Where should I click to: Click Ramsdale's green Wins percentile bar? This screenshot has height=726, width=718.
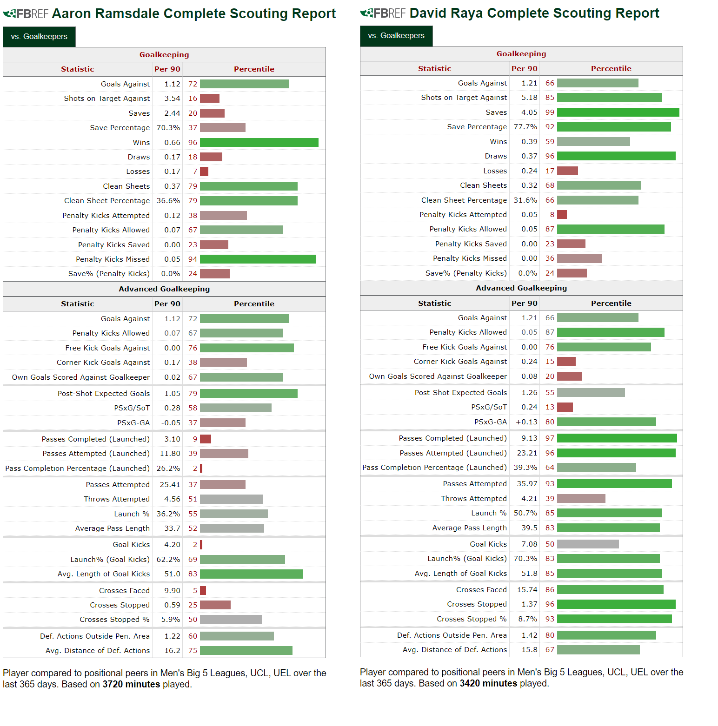(x=259, y=143)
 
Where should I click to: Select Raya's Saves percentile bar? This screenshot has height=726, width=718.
(x=618, y=112)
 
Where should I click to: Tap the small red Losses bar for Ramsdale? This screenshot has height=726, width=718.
(x=204, y=172)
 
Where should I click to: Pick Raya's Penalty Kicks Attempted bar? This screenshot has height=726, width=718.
(x=562, y=215)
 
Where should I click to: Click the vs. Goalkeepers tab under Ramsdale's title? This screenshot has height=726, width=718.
(x=39, y=37)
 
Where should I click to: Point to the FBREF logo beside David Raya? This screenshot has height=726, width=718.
(x=383, y=13)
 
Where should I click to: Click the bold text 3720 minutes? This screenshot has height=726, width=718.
(x=131, y=684)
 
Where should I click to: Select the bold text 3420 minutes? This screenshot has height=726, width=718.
(x=488, y=683)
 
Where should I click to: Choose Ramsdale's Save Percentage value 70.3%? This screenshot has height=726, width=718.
(x=168, y=128)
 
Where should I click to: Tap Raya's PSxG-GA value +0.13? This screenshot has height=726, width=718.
(x=526, y=422)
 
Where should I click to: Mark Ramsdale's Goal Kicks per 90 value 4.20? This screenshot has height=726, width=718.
(x=172, y=545)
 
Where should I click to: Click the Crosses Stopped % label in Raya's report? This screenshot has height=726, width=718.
(x=472, y=619)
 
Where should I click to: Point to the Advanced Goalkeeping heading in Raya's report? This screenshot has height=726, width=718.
(x=521, y=288)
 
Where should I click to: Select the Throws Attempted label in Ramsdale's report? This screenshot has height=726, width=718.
(x=117, y=499)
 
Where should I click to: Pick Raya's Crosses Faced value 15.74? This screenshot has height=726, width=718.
(x=527, y=590)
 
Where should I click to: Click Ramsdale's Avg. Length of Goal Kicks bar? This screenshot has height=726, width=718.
(x=251, y=574)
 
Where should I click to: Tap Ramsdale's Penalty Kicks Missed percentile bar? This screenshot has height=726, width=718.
(x=258, y=259)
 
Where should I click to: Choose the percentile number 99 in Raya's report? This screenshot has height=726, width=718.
(x=550, y=112)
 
